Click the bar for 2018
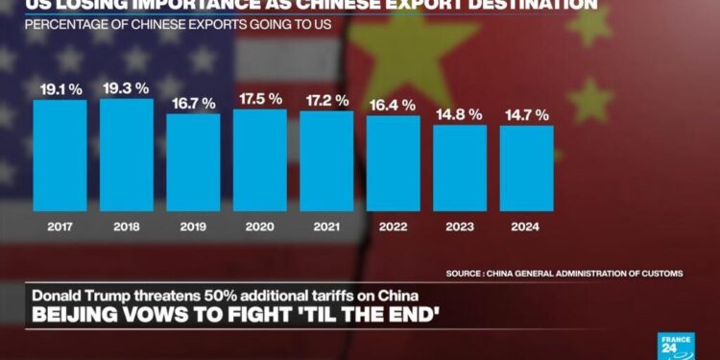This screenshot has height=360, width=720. point(127,154)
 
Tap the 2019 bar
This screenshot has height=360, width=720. point(193,161)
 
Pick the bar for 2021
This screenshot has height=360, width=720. point(326,159)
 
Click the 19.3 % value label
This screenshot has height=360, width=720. point(127,87)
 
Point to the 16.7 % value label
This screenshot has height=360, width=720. point(193,103)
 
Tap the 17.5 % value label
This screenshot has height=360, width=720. point(260,98)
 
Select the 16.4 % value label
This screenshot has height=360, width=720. point(393,105)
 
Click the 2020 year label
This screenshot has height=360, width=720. point(260,228)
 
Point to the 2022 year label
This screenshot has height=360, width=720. point(393,228)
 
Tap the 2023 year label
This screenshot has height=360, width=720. point(460,228)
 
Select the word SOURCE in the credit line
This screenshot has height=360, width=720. point(466,273)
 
